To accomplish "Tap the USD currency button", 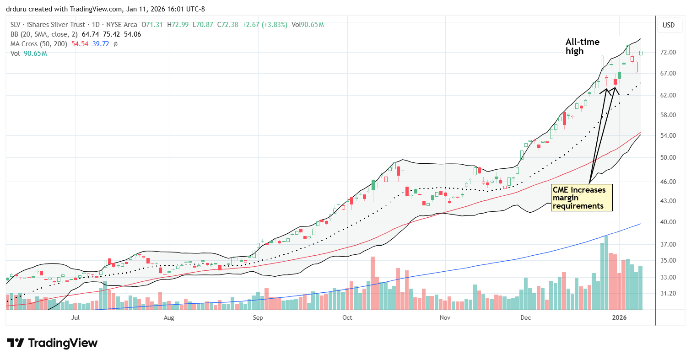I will pos(669,25).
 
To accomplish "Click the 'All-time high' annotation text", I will pos(582,47).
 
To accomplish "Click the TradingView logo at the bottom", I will pos(52,343).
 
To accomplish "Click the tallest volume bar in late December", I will pos(606,273).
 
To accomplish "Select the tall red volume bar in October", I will pos(372,283).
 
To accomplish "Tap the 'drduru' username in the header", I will pos(16,6).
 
